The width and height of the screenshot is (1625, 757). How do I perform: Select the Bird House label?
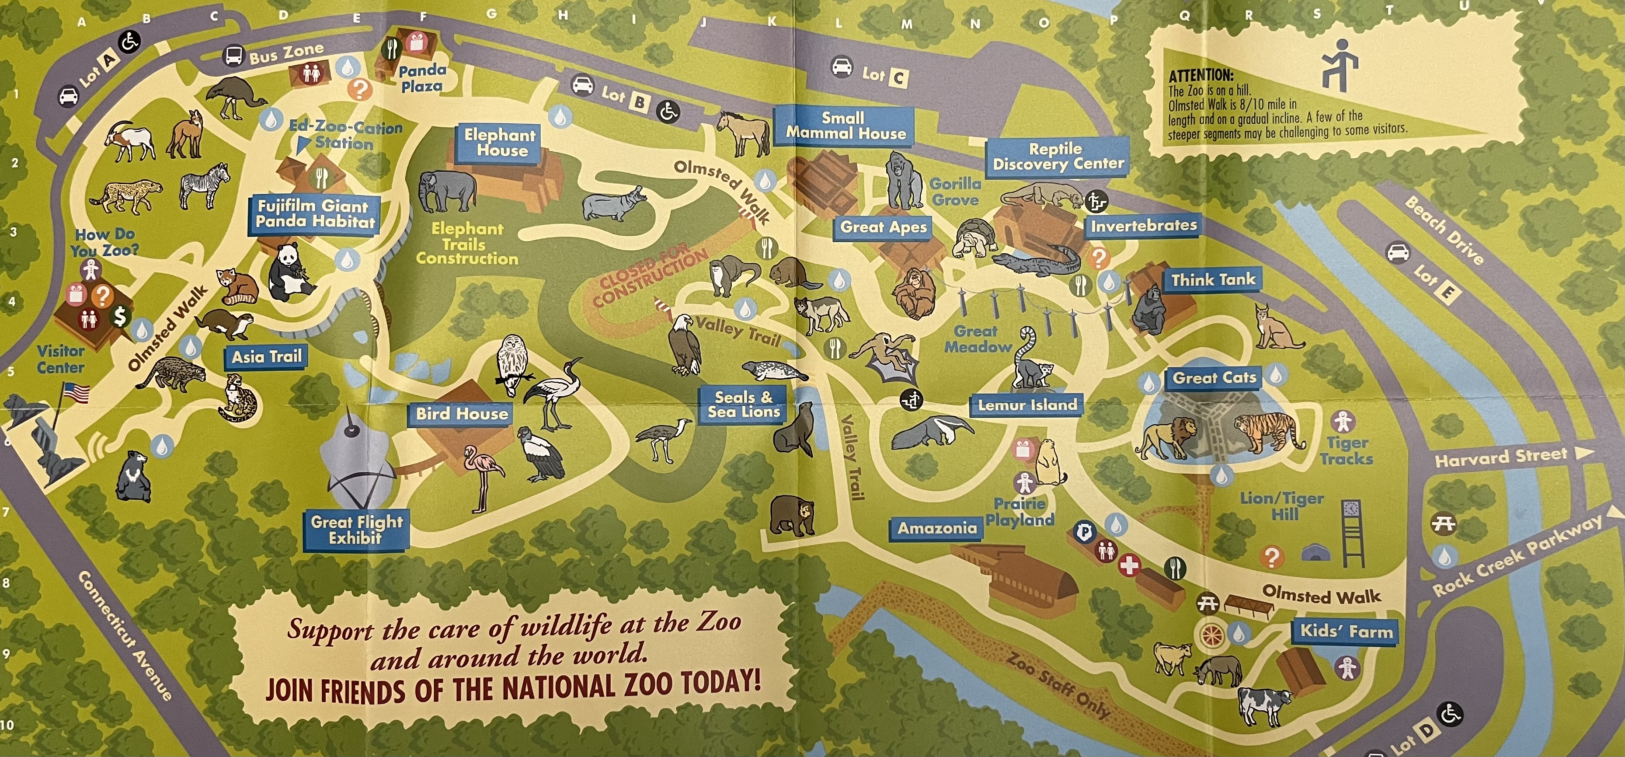461,414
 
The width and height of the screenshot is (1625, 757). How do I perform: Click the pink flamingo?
481,476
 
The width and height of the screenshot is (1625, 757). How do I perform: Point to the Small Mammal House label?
845,126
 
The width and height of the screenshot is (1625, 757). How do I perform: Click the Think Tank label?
1212,280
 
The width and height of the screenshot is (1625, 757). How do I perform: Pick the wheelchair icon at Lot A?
130,42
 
